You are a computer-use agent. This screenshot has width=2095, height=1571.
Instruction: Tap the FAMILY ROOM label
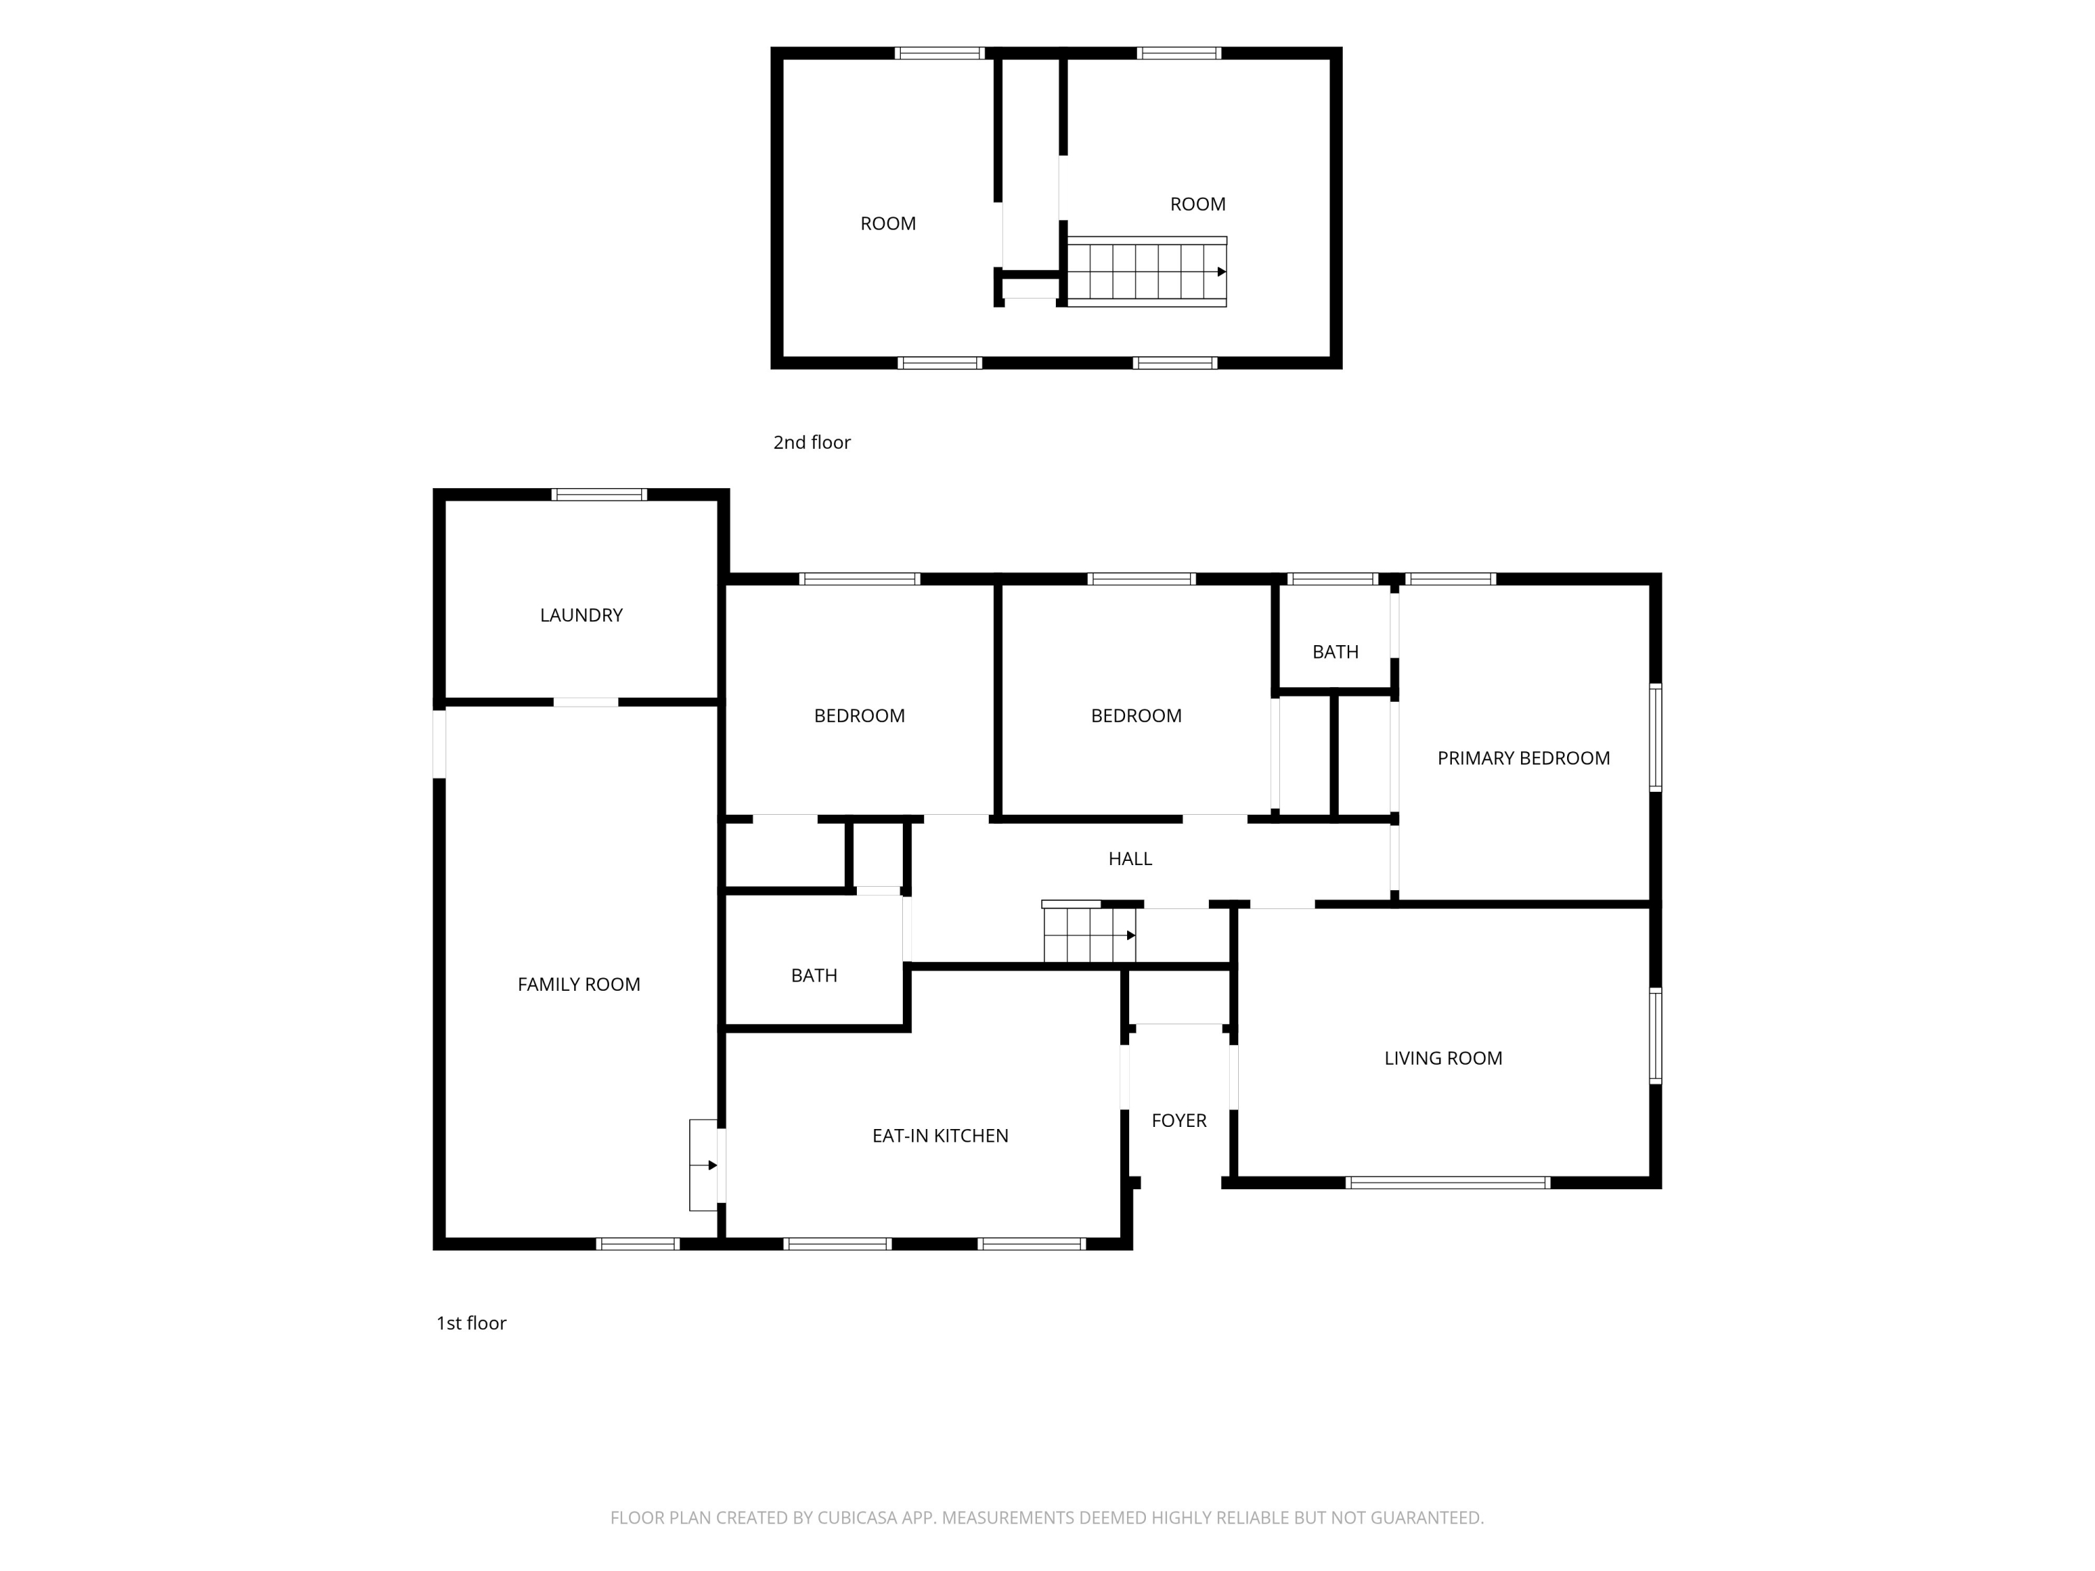pos(579,984)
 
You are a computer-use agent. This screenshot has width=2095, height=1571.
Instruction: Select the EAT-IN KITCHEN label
pos(941,1136)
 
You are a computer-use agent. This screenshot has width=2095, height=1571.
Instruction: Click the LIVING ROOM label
pos(1443,1059)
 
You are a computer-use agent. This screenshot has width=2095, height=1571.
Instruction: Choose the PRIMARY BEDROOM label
pos(1524,758)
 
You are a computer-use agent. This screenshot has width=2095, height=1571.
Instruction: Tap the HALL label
pos(1130,859)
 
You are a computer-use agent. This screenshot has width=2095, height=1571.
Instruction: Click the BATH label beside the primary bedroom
pos(1335,652)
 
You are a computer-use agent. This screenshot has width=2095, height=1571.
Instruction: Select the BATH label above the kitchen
pos(814,975)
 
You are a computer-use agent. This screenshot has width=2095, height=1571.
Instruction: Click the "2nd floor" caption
pos(811,442)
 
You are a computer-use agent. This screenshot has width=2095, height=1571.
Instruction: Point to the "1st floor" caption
pos(471,1323)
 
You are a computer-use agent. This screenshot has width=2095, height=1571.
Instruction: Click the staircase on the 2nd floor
pos(1147,272)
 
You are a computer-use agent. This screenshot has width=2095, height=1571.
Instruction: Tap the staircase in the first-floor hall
pos(1089,933)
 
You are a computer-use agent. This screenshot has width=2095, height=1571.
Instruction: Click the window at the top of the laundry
pos(599,494)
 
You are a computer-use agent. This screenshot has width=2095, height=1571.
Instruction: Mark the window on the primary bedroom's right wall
pos(1656,738)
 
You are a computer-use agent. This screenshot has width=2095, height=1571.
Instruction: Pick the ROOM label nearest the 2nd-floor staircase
pos(1198,205)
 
